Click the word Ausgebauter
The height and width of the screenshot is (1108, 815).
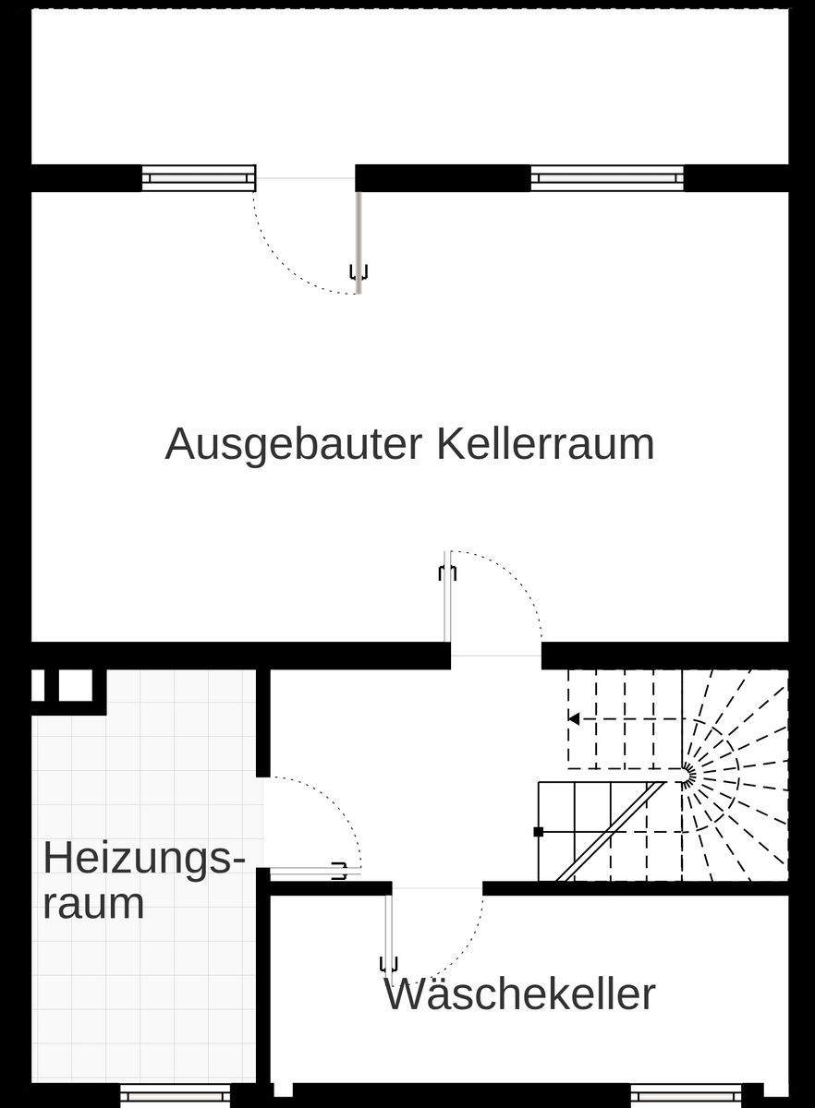(x=293, y=445)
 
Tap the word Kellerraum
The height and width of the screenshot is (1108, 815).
(x=545, y=444)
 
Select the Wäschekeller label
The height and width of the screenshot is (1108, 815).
(x=519, y=994)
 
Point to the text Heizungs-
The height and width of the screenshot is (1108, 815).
(x=145, y=859)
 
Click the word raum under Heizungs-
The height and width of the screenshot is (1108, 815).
(x=93, y=903)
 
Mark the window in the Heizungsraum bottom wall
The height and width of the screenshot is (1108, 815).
(x=176, y=1096)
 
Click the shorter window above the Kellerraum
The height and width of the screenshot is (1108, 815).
(x=198, y=177)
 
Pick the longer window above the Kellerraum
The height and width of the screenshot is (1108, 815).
(x=607, y=177)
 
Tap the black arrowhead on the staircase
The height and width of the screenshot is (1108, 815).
(x=574, y=718)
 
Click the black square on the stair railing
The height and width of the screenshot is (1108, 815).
(x=539, y=831)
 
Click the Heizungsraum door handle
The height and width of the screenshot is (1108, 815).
(x=340, y=870)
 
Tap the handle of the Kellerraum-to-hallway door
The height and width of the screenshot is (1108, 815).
(x=447, y=572)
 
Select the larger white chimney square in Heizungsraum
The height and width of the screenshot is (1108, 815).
(x=76, y=685)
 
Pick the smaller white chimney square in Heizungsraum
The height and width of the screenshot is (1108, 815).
(x=39, y=685)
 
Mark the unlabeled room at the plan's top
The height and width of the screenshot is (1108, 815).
(x=410, y=88)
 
